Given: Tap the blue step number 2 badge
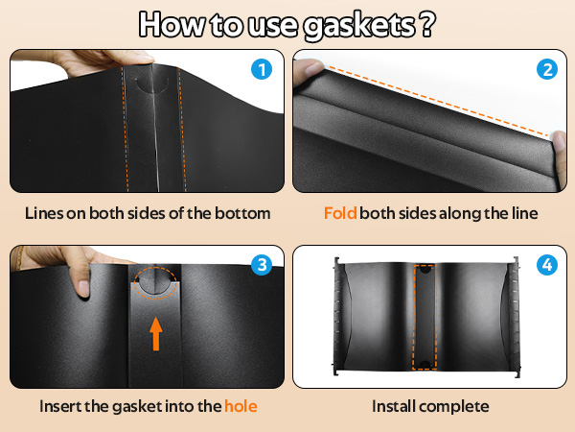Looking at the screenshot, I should pyautogui.click(x=545, y=70).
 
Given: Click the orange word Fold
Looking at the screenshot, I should pyautogui.click(x=340, y=213).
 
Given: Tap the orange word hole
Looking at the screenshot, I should pyautogui.click(x=241, y=406).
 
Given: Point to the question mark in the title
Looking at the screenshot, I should pyautogui.click(x=423, y=24).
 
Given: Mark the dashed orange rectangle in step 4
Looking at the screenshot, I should pyautogui.click(x=424, y=316).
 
